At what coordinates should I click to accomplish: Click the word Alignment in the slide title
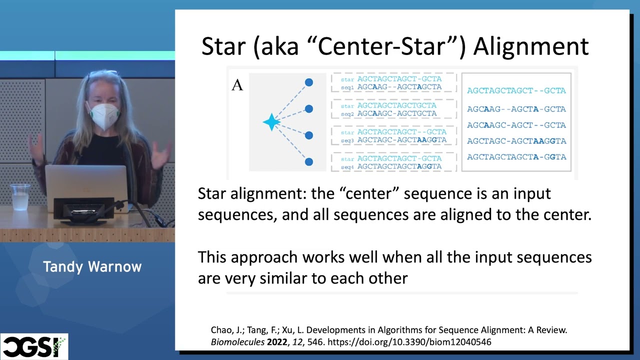(530, 46)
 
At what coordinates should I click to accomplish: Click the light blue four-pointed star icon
(271, 122)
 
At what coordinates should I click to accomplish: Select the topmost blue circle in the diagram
(309, 82)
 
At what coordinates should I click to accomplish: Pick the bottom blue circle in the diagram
(309, 161)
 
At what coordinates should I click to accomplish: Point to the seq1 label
(348, 87)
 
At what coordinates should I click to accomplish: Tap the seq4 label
(348, 166)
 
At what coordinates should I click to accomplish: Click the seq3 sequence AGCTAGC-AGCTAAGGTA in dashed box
(401, 140)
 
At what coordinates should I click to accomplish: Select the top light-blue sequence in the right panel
(516, 90)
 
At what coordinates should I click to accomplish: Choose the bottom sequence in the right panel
(516, 157)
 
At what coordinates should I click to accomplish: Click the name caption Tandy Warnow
(92, 266)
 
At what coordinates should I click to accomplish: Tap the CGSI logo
(34, 346)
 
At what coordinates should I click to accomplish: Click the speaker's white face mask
(103, 115)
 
